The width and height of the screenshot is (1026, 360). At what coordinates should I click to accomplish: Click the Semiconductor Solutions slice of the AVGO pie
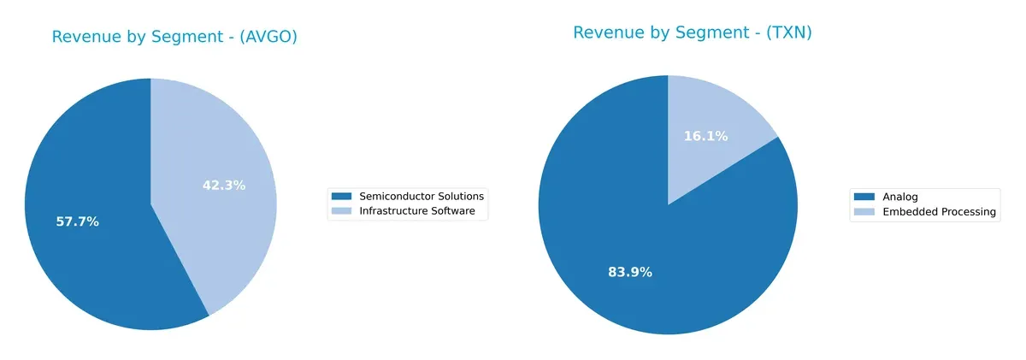[94, 248]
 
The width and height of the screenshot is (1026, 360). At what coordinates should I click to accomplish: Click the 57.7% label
[78, 221]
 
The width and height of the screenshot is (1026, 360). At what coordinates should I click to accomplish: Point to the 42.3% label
[224, 185]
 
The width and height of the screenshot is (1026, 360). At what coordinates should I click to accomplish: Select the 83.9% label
[630, 272]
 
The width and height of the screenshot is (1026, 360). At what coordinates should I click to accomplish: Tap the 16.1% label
[705, 136]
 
